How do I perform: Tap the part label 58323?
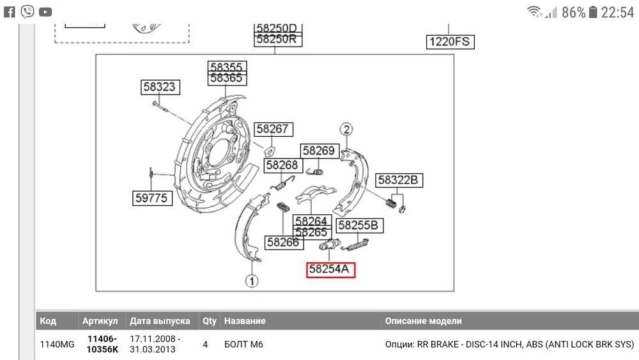(160, 88)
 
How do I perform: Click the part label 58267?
(273, 130)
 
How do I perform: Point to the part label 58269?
(319, 151)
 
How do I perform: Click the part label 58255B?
(361, 225)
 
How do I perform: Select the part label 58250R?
(277, 39)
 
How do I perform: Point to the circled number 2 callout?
(346, 129)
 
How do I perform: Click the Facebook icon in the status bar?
(10, 11)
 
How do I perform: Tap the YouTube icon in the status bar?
(45, 12)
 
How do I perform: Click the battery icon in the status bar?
(593, 12)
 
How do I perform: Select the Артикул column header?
(100, 321)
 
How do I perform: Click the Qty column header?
(209, 321)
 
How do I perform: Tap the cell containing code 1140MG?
(57, 345)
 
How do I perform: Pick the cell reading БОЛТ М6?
(243, 345)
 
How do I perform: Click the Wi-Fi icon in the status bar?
(534, 12)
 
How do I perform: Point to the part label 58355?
(226, 67)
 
